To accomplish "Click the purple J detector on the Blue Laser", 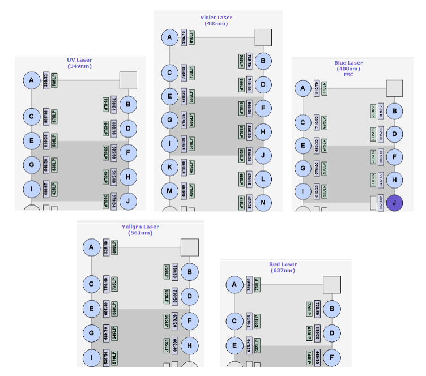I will pyautogui.click(x=394, y=202).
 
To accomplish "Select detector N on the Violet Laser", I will pyautogui.click(x=263, y=202).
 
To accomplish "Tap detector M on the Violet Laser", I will pyautogui.click(x=169, y=191).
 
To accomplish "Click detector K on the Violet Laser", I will pyautogui.click(x=169, y=168).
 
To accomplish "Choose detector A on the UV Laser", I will pyautogui.click(x=32, y=81).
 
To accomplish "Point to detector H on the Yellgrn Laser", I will pyautogui.click(x=189, y=345).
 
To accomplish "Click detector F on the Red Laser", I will pyautogui.click(x=331, y=357).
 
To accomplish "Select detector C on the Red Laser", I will pyautogui.click(x=234, y=321).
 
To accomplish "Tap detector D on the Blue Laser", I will pyautogui.click(x=394, y=134).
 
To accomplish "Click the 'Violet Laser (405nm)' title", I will pyautogui.click(x=216, y=20).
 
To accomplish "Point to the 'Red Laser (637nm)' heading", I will pyautogui.click(x=286, y=267).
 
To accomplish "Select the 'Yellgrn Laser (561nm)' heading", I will pyautogui.click(x=140, y=230).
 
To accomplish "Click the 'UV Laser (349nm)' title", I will pyautogui.click(x=79, y=63).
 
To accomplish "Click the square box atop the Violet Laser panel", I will pyautogui.click(x=263, y=37).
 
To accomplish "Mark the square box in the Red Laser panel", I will pyautogui.click(x=331, y=284).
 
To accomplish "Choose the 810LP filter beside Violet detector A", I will pyautogui.click(x=191, y=37).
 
